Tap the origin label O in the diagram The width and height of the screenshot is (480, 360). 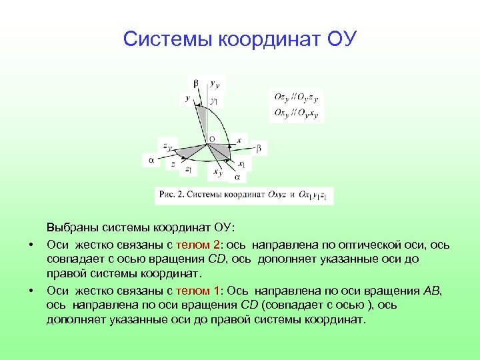point(211,139)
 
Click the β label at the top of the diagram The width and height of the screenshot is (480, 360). point(195,83)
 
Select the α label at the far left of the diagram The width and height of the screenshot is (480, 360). point(151,160)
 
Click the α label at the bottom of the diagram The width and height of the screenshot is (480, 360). point(237,177)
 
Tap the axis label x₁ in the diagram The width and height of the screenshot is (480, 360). point(241,163)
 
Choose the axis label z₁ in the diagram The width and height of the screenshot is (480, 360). point(189,170)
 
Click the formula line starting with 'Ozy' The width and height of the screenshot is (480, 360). point(296,97)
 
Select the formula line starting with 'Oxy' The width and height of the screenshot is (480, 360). point(296,112)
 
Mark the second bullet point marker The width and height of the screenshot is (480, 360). point(31,291)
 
